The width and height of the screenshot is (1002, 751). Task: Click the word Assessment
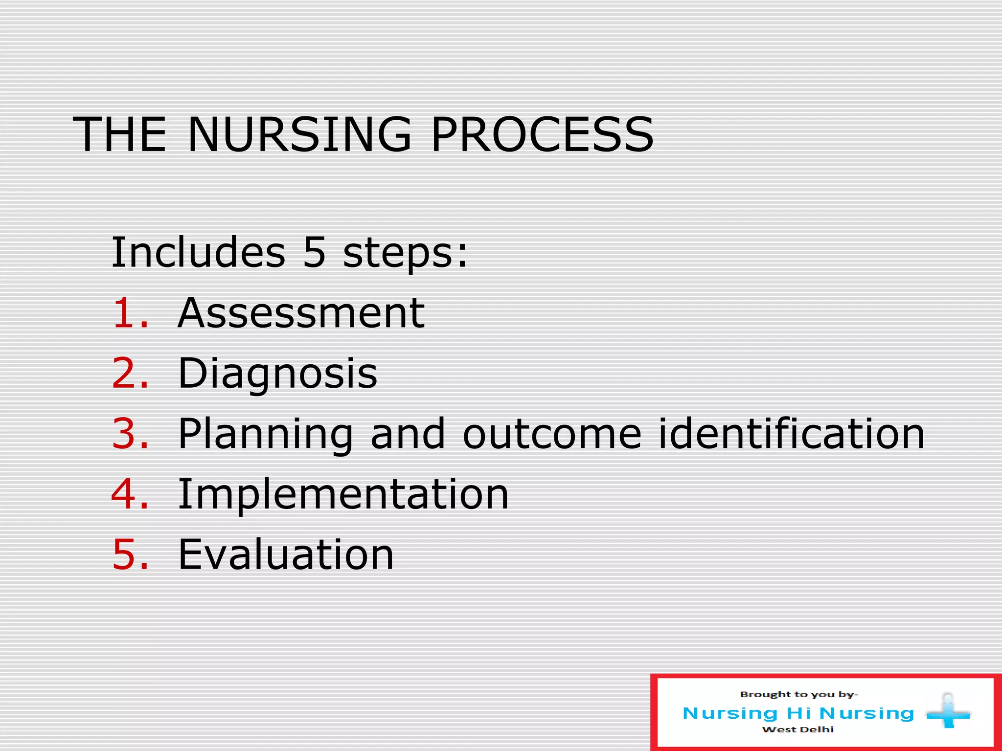tap(301, 313)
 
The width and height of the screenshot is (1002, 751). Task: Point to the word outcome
tap(552, 434)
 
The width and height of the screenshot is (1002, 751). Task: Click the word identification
tap(792, 433)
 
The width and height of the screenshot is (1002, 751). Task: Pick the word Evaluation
tap(286, 554)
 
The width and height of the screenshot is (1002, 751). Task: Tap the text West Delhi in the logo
tap(798, 729)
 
